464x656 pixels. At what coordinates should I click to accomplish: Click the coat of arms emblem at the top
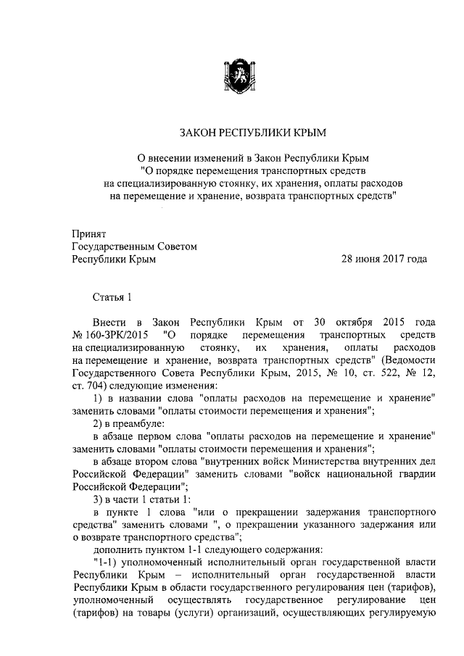point(232,77)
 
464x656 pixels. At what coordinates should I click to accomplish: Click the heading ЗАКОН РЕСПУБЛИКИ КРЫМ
point(232,133)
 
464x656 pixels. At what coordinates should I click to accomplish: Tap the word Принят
point(88,234)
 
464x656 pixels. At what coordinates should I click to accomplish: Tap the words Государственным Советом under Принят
point(134,246)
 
